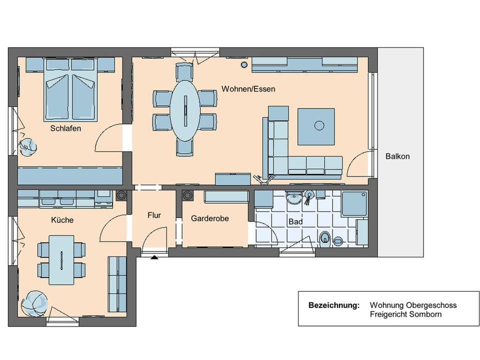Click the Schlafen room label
point(65,128)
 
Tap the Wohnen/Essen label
point(248,89)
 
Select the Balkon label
point(397,156)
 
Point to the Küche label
point(62,220)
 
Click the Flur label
point(154,215)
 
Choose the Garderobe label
point(209,218)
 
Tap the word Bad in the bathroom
point(295,221)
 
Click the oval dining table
point(185,110)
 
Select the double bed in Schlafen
point(70,89)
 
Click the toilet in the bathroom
point(325,239)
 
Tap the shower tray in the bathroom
point(354,203)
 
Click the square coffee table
point(316,126)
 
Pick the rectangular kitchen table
point(61,260)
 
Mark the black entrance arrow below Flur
point(154,257)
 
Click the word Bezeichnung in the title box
point(334,305)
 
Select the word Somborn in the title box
point(425,314)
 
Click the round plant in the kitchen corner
point(34,303)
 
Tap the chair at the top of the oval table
point(184,71)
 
